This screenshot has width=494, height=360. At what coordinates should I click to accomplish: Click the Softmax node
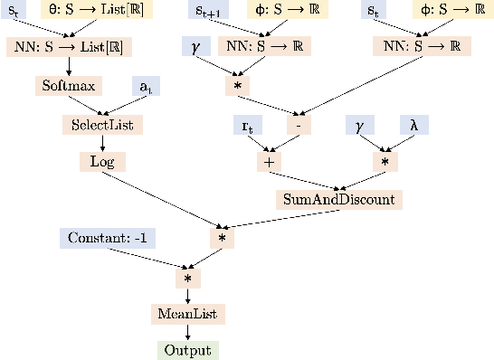pos(69,86)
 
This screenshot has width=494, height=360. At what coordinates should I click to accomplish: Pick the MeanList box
pos(188,315)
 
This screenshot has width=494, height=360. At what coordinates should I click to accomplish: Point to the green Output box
pos(188,350)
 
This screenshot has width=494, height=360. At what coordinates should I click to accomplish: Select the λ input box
pos(413,124)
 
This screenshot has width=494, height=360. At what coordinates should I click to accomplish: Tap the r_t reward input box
pos(248,124)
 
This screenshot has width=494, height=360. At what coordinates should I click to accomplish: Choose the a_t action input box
pos(145,86)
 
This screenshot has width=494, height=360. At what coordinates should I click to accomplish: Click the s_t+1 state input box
pos(214,11)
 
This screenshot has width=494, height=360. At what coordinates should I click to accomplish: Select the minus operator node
pos(299,124)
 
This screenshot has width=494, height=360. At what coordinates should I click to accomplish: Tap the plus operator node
pos(268,161)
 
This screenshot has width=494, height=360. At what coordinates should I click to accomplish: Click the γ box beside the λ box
pos(360,124)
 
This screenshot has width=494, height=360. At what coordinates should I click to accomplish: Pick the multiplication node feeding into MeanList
pos(188,279)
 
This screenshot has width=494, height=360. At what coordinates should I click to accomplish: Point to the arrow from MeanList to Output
pos(188,332)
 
